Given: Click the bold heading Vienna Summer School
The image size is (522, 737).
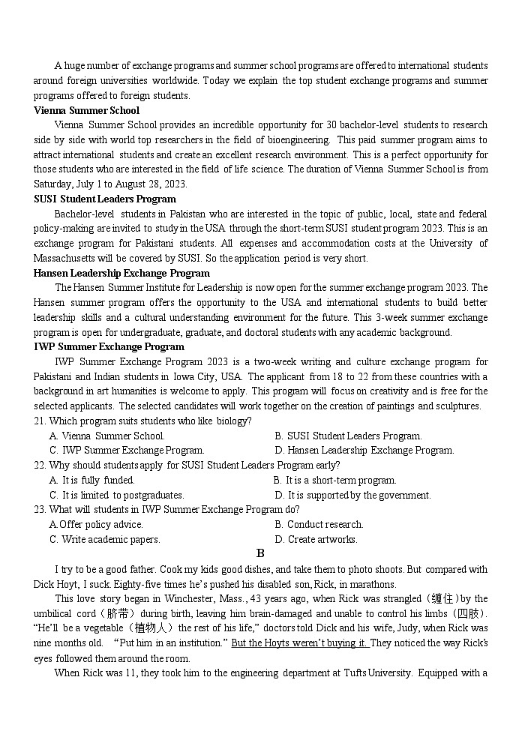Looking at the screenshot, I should pyautogui.click(x=86, y=110).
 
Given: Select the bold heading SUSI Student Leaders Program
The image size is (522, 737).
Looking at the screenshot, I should pyautogui.click(x=105, y=199).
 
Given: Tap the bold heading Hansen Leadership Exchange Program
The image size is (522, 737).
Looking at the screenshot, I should pyautogui.click(x=121, y=273).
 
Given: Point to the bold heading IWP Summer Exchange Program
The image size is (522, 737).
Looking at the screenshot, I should pyautogui.click(x=109, y=346).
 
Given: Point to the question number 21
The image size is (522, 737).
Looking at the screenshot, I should pyautogui.click(x=40, y=421).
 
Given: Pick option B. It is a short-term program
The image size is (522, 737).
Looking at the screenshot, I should pyautogui.click(x=335, y=480).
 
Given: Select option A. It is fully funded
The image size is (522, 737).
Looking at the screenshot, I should pyautogui.click(x=92, y=480).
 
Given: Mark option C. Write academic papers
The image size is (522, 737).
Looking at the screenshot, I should pyautogui.click(x=105, y=539).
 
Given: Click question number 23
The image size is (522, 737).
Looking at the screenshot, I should pyautogui.click(x=40, y=509).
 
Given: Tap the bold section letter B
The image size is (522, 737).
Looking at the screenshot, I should pyautogui.click(x=261, y=553).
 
